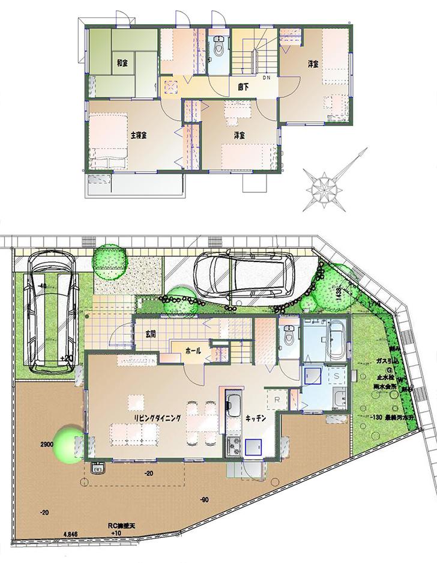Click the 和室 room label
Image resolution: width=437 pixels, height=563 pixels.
tap(121, 63)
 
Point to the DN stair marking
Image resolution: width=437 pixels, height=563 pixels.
tap(267, 78)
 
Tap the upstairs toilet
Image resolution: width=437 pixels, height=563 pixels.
tap(219, 47)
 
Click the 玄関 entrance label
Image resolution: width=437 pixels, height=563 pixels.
tap(151, 334)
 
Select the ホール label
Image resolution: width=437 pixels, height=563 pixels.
tap(193, 350)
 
